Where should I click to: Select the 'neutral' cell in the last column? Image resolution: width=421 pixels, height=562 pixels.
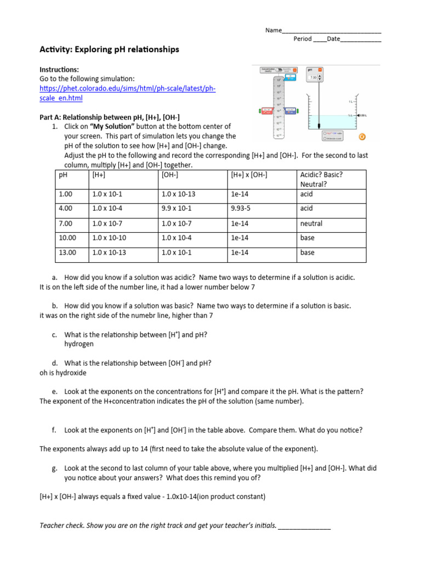tap(311, 224)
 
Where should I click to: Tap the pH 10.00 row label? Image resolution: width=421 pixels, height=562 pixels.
tap(67, 238)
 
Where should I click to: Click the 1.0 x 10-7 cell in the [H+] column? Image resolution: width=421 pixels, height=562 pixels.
tap(107, 224)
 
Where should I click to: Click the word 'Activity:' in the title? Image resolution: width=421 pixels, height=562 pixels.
tap(57, 49)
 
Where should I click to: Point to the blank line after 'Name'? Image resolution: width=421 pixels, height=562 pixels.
tap(332, 31)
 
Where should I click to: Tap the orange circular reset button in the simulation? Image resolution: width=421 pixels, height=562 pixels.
tap(362, 137)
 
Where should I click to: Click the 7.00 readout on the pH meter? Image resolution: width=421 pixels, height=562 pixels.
tap(313, 78)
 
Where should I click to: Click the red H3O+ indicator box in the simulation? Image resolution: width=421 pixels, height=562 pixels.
tap(266, 111)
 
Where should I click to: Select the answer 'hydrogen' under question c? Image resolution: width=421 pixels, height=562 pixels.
tap(79, 344)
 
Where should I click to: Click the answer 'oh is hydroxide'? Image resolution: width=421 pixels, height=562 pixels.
tap(63, 373)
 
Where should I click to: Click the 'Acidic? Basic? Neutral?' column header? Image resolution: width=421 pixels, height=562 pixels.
tap(321, 179)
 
